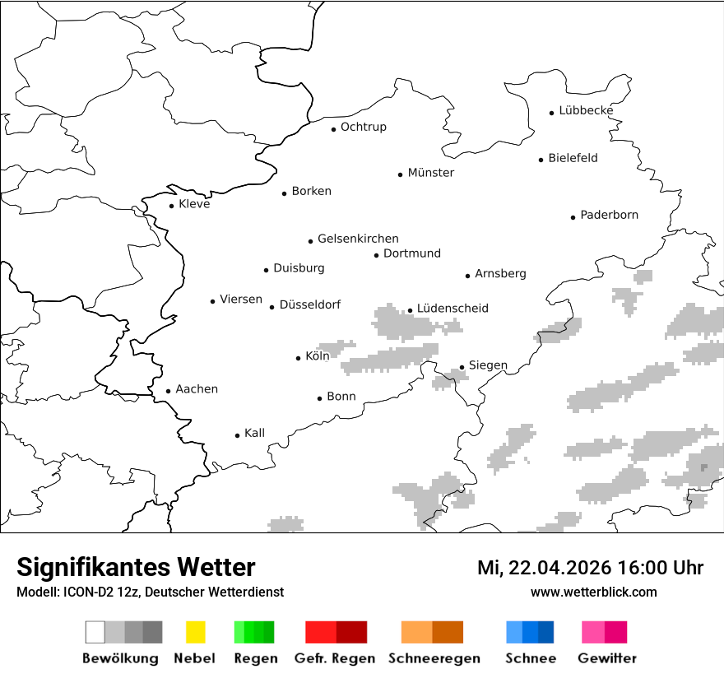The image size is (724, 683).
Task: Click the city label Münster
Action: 430,173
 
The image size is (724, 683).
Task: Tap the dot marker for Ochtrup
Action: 333,128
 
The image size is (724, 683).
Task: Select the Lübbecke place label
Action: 586,110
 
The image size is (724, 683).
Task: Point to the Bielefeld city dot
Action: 541,160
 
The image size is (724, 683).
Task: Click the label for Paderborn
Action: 609,215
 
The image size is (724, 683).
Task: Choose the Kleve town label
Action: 194,204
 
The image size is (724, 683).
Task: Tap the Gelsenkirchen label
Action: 358,239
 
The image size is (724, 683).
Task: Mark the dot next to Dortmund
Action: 376,255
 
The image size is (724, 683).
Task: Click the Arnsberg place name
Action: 500,273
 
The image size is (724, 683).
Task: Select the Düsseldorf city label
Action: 309,304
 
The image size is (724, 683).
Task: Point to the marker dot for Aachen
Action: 168,392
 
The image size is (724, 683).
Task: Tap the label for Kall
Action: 254,433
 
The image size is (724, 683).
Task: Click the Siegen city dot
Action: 462,367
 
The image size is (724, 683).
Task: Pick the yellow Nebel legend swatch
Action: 195,632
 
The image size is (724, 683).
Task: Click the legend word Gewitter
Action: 607,658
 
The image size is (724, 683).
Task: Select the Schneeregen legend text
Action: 434,658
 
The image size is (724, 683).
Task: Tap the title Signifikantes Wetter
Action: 136,567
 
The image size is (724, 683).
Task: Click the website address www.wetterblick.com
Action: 593,592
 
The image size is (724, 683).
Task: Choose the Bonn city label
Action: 341,397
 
